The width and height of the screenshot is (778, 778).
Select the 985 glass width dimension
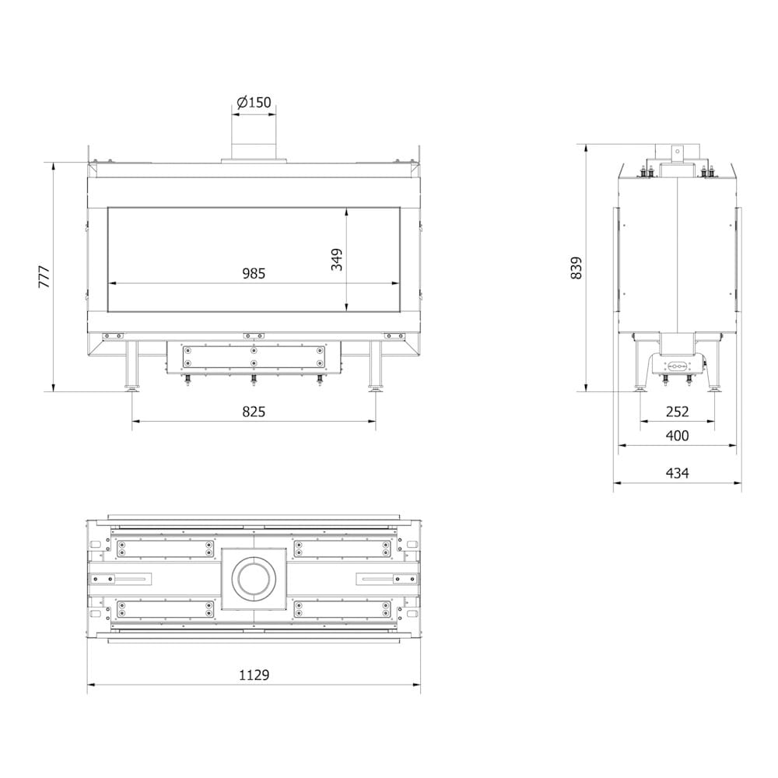pyautogui.click(x=254, y=273)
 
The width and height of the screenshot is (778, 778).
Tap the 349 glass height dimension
pyautogui.click(x=337, y=259)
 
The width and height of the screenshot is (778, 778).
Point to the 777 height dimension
pyautogui.click(x=44, y=277)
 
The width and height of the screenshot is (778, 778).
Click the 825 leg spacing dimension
pyautogui.click(x=254, y=412)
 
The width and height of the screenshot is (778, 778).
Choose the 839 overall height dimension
pyautogui.click(x=576, y=268)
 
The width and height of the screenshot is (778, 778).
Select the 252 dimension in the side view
pyautogui.click(x=678, y=412)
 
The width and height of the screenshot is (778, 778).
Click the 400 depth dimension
pyautogui.click(x=678, y=436)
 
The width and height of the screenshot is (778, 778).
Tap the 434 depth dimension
pyautogui.click(x=678, y=472)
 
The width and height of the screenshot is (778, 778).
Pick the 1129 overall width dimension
pyautogui.click(x=254, y=675)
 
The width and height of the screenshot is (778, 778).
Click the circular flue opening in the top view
pyautogui.click(x=254, y=578)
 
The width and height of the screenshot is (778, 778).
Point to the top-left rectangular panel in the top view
pyautogui.click(x=164, y=548)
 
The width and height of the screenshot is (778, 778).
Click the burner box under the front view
pyautogui.click(x=254, y=357)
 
